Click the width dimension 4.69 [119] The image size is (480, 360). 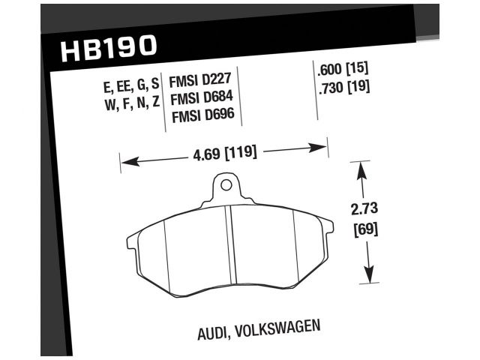pos(224,154)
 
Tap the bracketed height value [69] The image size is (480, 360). pos(364,228)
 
